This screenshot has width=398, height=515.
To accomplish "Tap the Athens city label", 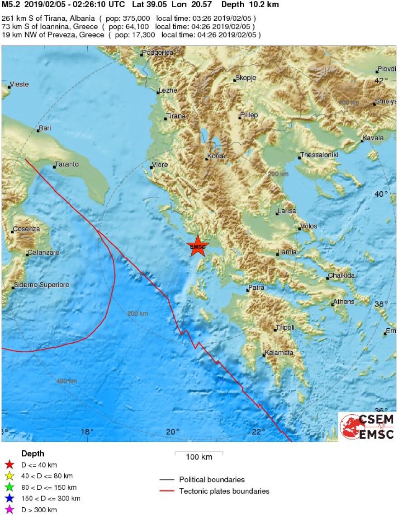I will (344, 302).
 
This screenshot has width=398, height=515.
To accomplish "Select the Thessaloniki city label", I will (319, 155).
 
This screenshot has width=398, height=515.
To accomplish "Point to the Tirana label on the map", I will (175, 116).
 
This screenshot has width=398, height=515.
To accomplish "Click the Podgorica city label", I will (157, 53).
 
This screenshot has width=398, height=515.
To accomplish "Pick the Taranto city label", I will (66, 165).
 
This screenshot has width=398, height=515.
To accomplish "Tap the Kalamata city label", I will (279, 353).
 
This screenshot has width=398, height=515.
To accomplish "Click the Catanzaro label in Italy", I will (43, 253).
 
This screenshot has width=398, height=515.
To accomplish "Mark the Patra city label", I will (256, 288).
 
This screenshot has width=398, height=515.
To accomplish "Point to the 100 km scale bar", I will (199, 453).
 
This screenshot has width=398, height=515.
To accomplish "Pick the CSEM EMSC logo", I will (366, 426).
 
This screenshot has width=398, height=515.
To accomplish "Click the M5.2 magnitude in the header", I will (11, 5).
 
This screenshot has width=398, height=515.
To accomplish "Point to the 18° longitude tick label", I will (87, 431).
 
